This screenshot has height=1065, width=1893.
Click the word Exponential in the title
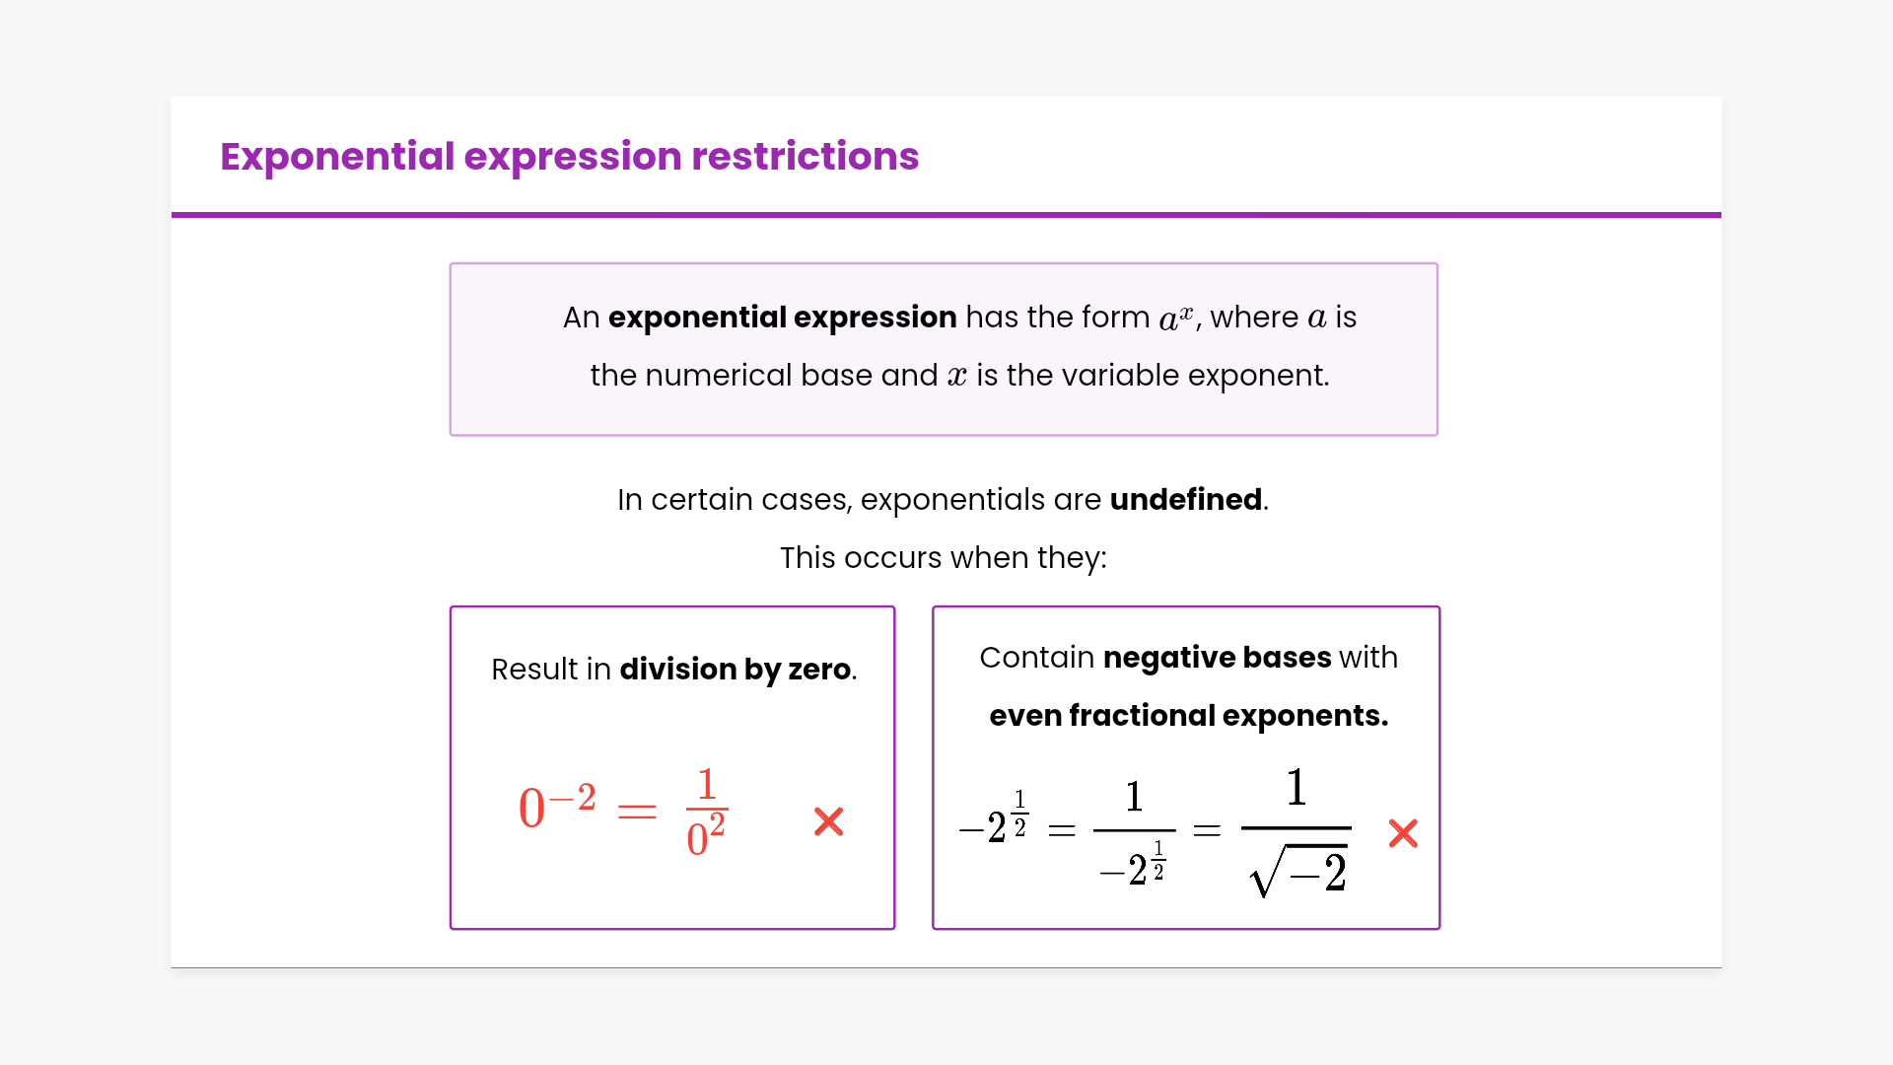[x=337, y=157]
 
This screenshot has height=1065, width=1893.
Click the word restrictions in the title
[x=806, y=157]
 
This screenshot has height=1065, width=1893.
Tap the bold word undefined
[x=1186, y=500]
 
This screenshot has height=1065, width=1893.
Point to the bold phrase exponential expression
[x=783, y=318]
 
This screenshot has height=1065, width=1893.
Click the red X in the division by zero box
[x=829, y=821]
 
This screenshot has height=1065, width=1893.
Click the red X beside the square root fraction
[x=1403, y=833]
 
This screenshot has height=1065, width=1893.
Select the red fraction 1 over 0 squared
[x=707, y=812]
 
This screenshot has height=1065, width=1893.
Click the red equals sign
[x=637, y=811]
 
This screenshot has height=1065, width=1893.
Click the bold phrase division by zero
[x=736, y=670]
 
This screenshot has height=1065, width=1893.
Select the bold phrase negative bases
[x=1218, y=658]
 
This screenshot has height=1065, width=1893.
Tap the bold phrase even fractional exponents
[x=1189, y=716]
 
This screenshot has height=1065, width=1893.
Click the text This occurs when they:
[x=944, y=558]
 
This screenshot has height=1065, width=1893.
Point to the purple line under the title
[x=946, y=215]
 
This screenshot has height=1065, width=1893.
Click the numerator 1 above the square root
[x=1297, y=788]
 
